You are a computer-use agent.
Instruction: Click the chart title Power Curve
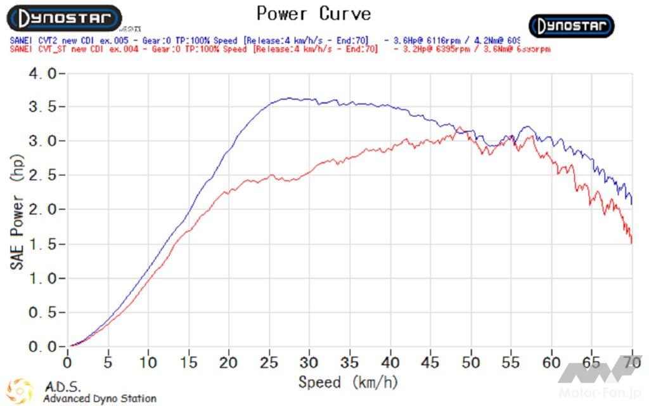(313, 13)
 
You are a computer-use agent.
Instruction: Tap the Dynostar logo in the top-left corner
(63, 18)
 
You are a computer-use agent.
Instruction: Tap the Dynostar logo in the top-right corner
(572, 26)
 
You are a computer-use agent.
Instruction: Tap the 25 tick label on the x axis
(269, 362)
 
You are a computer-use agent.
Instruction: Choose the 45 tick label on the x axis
(431, 362)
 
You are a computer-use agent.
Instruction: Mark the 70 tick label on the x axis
(632, 362)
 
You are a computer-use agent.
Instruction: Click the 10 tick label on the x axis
(148, 362)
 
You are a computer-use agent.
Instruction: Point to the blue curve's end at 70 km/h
(632, 204)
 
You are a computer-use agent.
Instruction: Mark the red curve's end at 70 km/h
(632, 242)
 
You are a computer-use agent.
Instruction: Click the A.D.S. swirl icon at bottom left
(20, 390)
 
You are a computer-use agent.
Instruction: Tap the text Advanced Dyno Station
(100, 398)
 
